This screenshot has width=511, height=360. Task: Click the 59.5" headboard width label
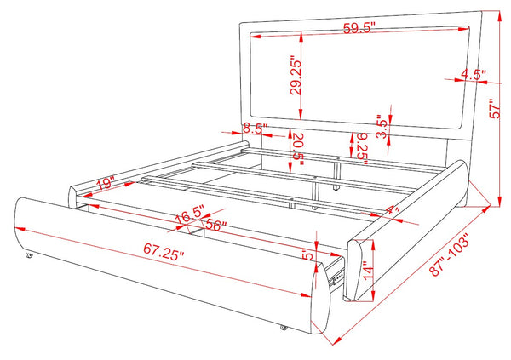pos(359,28)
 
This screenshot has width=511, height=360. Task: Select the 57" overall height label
pos(495,108)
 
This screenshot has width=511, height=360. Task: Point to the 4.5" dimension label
pos(474,75)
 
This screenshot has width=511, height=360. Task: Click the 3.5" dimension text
pos(382,127)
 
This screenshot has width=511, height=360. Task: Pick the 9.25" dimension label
pos(362,148)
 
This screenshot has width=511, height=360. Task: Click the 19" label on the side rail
pos(106,183)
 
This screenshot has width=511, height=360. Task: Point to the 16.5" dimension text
pos(190,214)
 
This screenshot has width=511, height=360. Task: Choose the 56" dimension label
pos(216,226)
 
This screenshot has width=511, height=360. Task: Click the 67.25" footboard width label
pos(164,252)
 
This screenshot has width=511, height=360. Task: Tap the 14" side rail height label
pos(368,270)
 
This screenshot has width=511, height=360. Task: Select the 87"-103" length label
pos(451,254)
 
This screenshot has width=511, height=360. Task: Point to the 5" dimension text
pos(307,254)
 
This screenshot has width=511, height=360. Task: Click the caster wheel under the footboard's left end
pos(29,255)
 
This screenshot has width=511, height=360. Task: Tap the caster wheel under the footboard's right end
pos(284,328)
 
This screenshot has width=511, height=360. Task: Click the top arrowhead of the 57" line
pos(498,15)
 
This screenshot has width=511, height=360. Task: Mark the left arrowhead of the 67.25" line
pos(20,229)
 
